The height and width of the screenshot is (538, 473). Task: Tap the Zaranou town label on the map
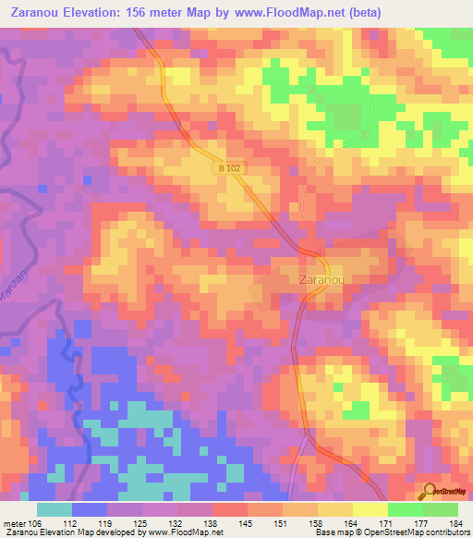[322, 277]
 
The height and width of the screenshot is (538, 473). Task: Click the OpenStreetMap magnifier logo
[431, 491]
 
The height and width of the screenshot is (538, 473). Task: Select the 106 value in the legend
[36, 523]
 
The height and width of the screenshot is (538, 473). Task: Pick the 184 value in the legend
[456, 523]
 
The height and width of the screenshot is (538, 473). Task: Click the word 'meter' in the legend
[13, 523]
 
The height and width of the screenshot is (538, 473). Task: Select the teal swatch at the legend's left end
[54, 509]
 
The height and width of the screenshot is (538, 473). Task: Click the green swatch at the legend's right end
[441, 509]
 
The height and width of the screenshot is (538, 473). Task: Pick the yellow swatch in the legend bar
[370, 509]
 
